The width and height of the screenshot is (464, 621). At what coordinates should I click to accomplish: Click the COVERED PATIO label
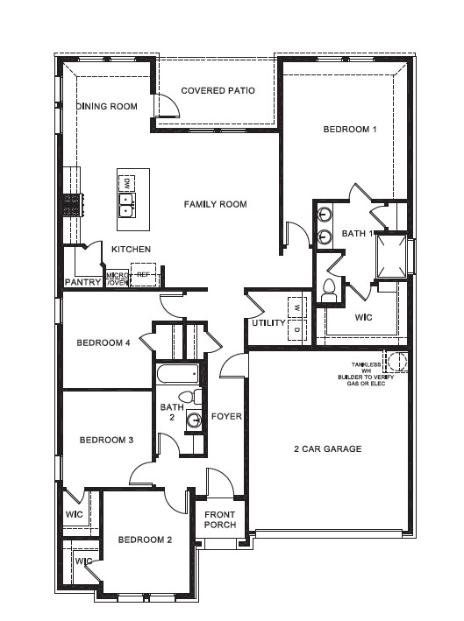coord(218,90)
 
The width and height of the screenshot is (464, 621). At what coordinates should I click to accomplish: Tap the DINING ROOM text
coord(107,106)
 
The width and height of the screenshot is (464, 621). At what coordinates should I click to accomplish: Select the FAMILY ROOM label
coord(215,204)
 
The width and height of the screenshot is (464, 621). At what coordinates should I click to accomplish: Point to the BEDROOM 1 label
coord(350,130)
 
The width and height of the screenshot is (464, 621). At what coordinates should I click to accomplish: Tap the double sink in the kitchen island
coord(127,206)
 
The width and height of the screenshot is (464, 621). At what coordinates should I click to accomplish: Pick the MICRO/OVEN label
coord(118,279)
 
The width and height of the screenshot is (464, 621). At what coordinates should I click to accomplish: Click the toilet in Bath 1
coord(331,292)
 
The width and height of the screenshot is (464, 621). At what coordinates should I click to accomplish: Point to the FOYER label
coord(226,416)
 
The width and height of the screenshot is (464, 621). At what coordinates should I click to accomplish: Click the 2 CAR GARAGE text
coord(327,449)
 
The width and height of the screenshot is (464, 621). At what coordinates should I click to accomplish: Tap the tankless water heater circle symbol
coord(396,361)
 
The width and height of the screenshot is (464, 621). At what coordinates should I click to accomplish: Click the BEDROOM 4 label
coord(103,343)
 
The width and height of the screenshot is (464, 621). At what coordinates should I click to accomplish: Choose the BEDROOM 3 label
coord(106,440)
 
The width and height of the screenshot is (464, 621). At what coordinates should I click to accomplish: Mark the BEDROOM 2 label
coord(145,540)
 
